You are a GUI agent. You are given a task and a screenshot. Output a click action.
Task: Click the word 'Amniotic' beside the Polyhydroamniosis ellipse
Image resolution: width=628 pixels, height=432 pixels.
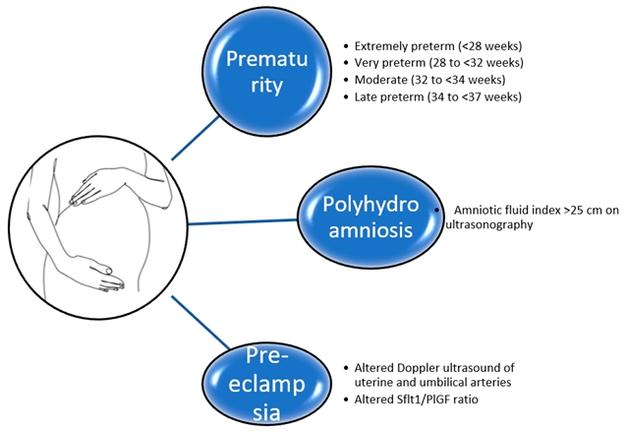[480, 210]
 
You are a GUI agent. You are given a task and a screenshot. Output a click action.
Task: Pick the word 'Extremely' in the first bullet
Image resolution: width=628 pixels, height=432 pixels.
[383, 46]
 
